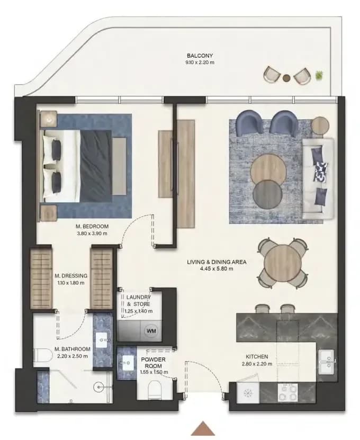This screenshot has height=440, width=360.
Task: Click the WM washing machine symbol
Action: [x=151, y=330]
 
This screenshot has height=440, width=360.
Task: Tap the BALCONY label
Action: [x=200, y=56]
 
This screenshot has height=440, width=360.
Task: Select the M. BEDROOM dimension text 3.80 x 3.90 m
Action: [x=92, y=233]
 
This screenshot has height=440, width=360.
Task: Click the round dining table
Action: [x=283, y=263]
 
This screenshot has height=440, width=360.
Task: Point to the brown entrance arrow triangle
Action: [x=203, y=428]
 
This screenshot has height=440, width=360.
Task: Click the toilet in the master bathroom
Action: [x=42, y=355]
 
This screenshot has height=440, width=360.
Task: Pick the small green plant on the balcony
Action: [x=319, y=75]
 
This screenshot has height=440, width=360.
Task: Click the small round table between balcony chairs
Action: [x=286, y=78]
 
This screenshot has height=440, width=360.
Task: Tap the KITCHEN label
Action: [x=257, y=357]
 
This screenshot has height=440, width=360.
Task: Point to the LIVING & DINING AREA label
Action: [x=217, y=262]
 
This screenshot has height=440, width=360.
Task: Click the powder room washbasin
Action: [x=127, y=363]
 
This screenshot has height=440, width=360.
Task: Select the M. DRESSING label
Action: [x=71, y=276]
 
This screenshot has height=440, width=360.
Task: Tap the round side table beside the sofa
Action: [x=320, y=125]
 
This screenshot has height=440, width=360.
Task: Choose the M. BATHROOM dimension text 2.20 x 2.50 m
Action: [x=73, y=356]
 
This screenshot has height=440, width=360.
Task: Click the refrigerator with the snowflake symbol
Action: [x=248, y=393]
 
